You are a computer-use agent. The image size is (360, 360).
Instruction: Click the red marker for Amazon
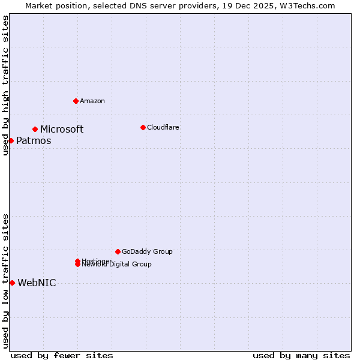click(x=76, y=101)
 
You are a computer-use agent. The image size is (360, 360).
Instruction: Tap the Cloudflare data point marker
click(x=143, y=127)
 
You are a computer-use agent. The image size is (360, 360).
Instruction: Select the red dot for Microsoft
click(x=35, y=129)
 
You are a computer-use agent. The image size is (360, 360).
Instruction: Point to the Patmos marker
click(x=11, y=140)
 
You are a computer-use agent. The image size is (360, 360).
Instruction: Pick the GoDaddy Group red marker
click(x=118, y=251)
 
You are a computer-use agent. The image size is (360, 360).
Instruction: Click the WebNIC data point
click(x=12, y=283)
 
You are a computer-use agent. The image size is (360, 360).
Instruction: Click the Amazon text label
click(x=92, y=101)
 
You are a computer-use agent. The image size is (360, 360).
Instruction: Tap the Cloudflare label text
click(x=163, y=127)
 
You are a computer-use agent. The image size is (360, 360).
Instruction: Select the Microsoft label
click(x=62, y=129)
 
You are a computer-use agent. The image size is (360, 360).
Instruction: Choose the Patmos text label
click(x=34, y=140)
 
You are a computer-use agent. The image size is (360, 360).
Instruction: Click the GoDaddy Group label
click(x=147, y=251)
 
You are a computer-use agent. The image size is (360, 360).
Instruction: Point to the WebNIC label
click(x=37, y=283)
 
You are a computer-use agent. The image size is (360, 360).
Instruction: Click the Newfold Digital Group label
click(x=117, y=265)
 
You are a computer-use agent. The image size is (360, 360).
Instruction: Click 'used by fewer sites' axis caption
click(x=62, y=355)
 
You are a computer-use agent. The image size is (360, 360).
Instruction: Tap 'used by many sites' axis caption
click(x=301, y=355)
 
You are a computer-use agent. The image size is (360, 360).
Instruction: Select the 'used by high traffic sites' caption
click(x=5, y=86)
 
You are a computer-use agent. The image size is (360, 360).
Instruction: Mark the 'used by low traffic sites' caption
click(x=5, y=281)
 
